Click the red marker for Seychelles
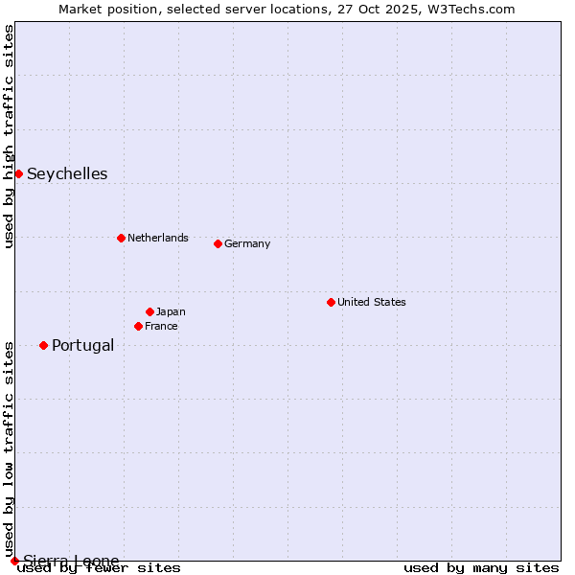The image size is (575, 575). coord(18,173)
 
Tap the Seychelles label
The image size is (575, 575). coord(67,173)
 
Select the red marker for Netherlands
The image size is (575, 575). coord(121,238)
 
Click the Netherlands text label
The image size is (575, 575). coord(157,238)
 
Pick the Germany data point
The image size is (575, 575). coord(218,243)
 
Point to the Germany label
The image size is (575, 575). coord(247,243)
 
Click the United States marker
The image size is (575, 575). coord(331,302)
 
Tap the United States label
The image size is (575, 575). coord(371,302)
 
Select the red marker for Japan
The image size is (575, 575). coord(149,311)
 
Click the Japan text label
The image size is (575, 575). coord(171,311)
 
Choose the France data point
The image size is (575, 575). coord(138,326)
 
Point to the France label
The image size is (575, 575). coord(161,326)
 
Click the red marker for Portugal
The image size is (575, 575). coord(43,345)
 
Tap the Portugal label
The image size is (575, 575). coord(82,345)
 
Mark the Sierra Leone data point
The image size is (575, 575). coord(14,561)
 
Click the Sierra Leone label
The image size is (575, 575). coord(71,561)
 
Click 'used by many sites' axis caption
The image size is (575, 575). coord(481,567)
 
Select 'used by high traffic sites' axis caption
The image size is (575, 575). coord(10,136)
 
